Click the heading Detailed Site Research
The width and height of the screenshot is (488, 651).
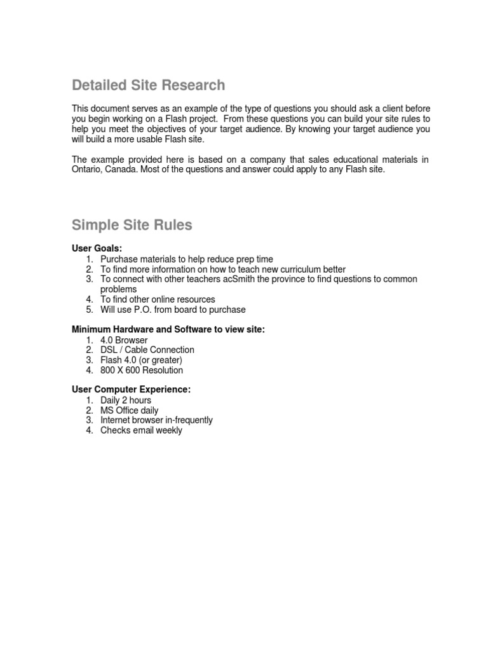pyautogui.click(x=148, y=85)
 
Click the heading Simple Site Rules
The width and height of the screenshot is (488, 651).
pyautogui.click(x=132, y=225)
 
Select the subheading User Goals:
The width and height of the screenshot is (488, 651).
pyautogui.click(x=97, y=249)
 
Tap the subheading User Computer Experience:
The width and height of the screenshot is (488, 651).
pyautogui.click(x=131, y=390)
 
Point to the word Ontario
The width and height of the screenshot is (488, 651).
pyautogui.click(x=86, y=170)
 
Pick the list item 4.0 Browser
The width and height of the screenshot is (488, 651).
pyautogui.click(x=124, y=340)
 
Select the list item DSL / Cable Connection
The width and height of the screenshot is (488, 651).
pyautogui.click(x=147, y=350)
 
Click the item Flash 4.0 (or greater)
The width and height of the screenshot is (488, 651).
pyautogui.click(x=141, y=360)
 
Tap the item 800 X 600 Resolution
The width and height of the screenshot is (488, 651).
pyautogui.click(x=142, y=370)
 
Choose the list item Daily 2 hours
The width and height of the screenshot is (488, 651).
pyautogui.click(x=126, y=401)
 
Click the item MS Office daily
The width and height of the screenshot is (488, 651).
pyautogui.click(x=130, y=411)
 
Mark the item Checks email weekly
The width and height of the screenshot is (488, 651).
pyautogui.click(x=141, y=430)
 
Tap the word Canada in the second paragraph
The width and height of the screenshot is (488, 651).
pyautogui.click(x=118, y=170)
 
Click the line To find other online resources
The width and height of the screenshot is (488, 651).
pyautogui.click(x=158, y=299)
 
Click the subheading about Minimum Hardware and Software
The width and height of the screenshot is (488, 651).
pyautogui.click(x=168, y=329)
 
